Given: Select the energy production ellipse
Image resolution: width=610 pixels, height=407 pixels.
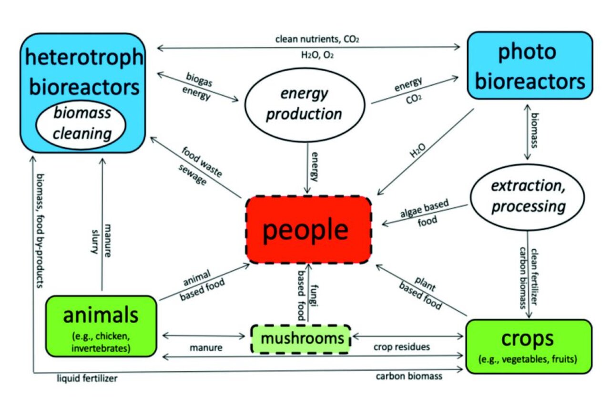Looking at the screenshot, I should click(x=304, y=104).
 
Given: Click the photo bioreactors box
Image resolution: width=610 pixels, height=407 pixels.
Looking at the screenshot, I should click(x=529, y=66).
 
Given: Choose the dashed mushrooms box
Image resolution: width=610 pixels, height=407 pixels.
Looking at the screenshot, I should click(x=301, y=339).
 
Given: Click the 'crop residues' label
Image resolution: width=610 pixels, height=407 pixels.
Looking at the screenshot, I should click(x=401, y=347).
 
